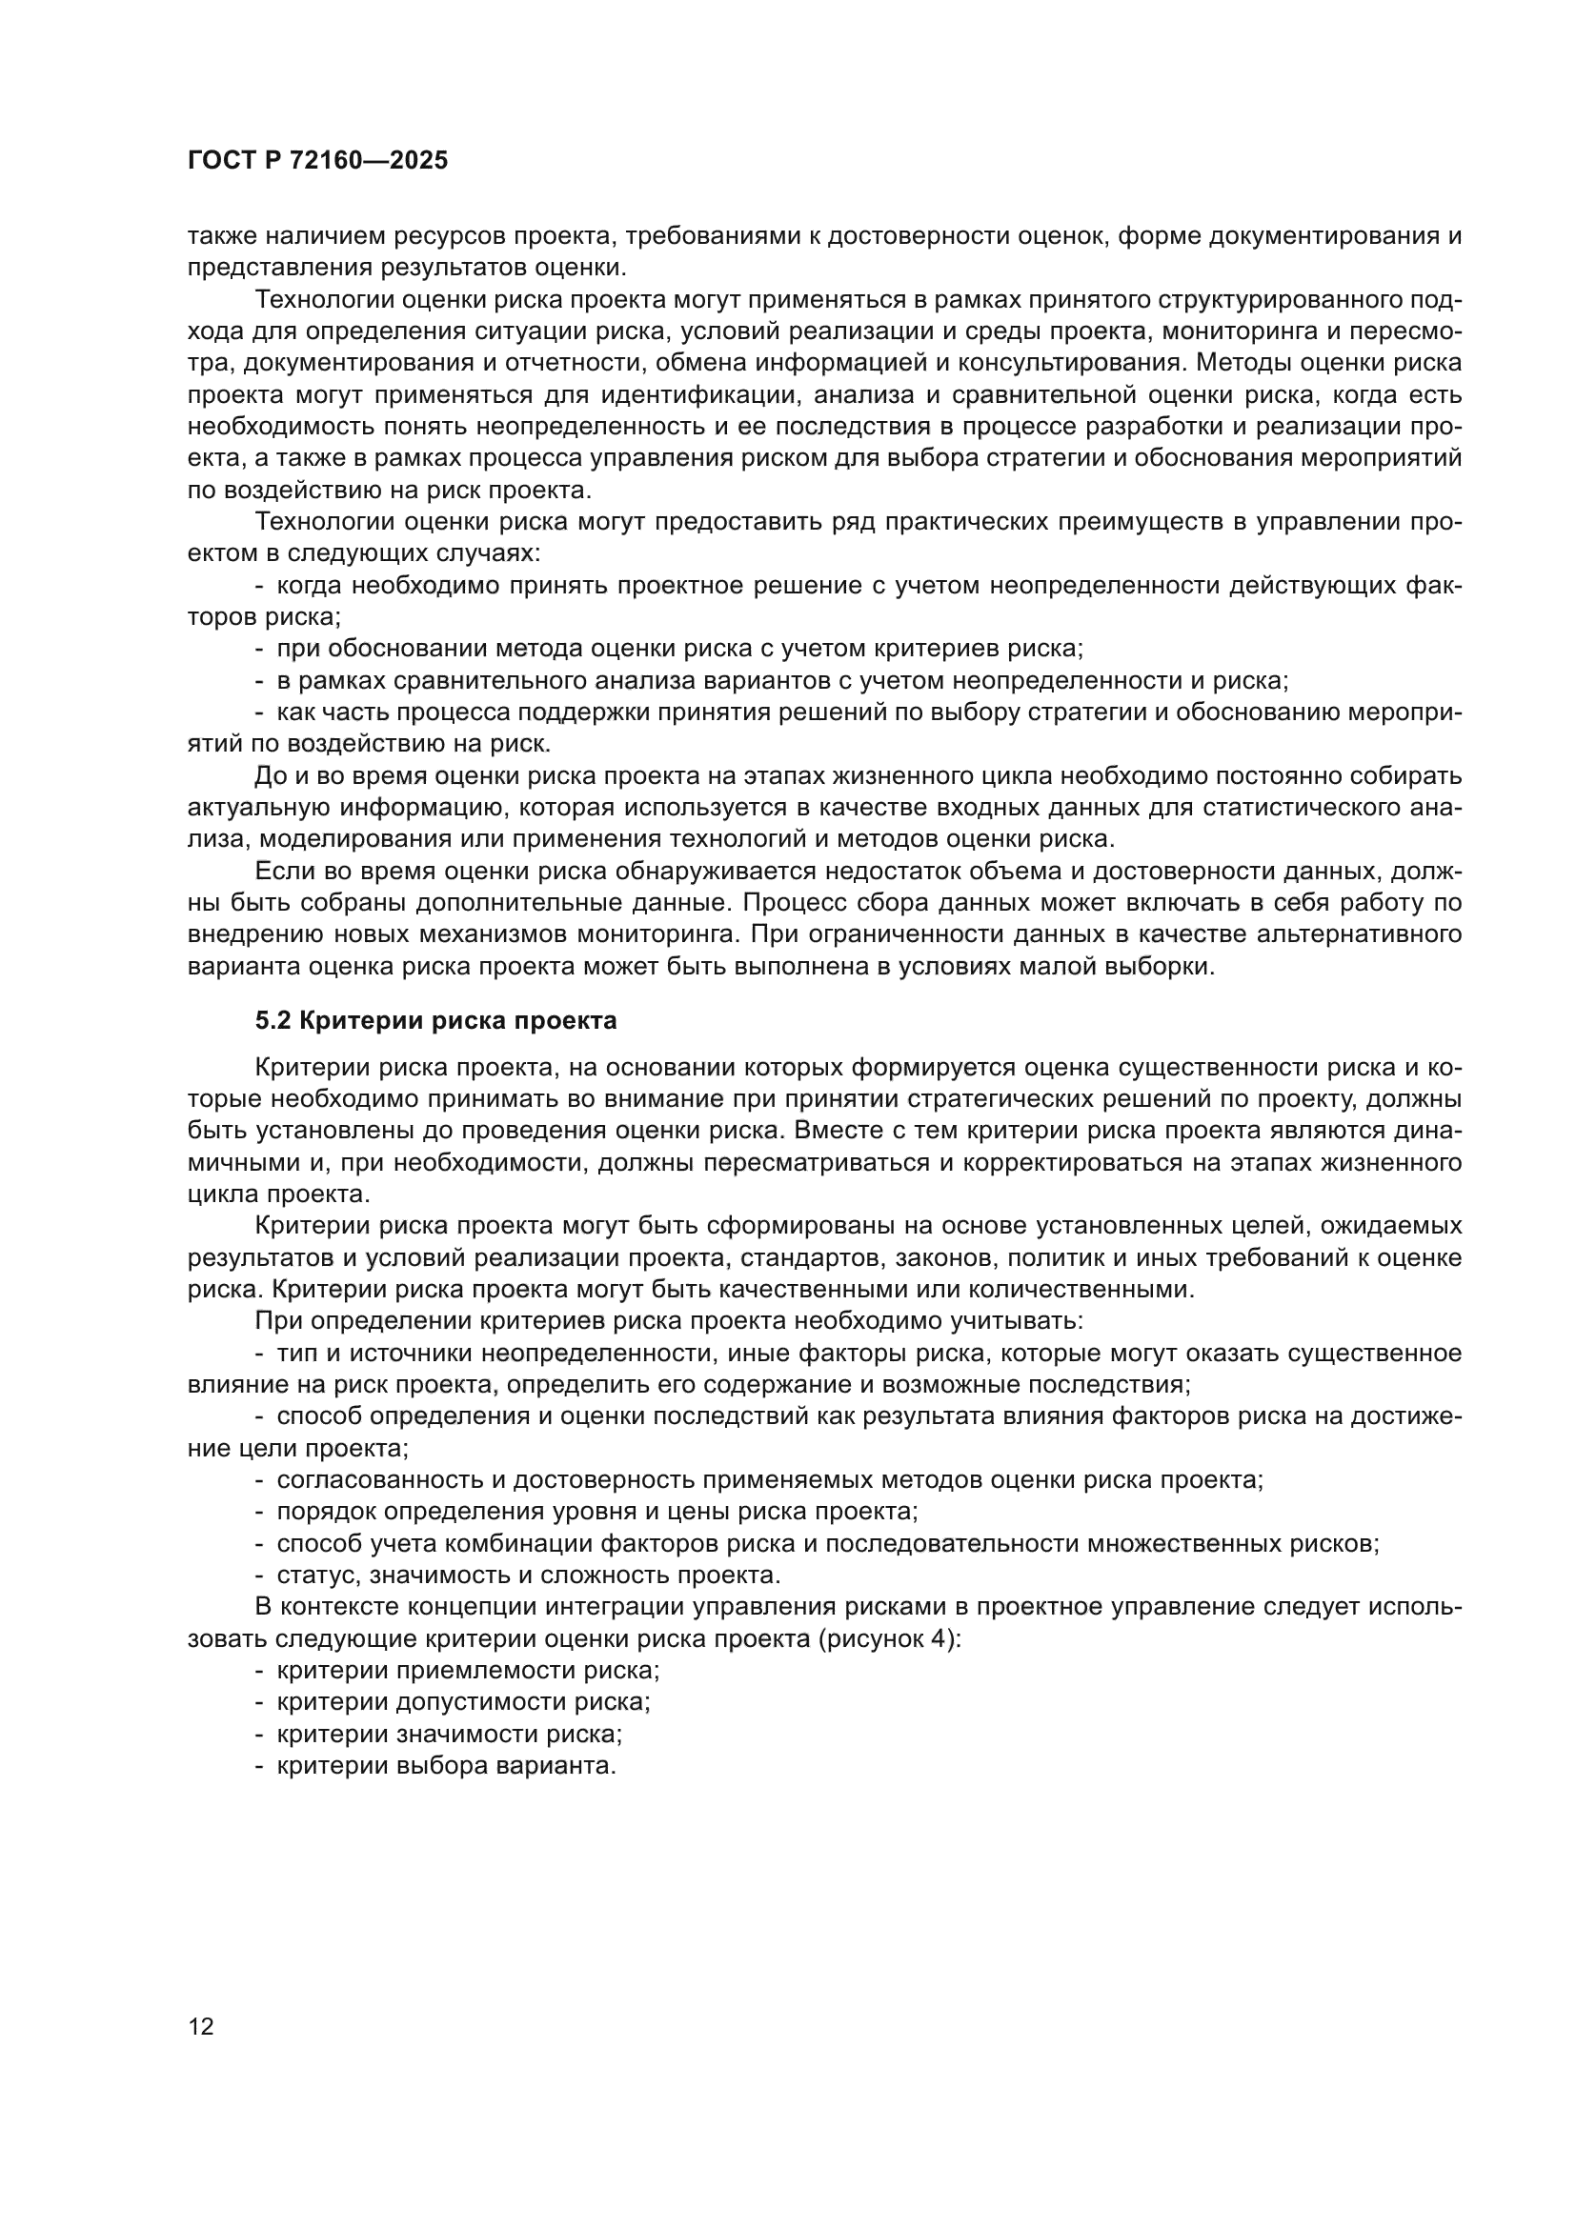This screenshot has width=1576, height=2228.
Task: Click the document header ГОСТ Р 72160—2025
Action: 317,161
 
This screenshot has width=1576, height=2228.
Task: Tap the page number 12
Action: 201,2026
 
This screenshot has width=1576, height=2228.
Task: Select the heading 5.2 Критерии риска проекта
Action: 435,1021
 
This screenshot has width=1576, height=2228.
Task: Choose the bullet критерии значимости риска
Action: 450,1734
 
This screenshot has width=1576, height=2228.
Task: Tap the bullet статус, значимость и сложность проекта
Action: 528,1575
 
